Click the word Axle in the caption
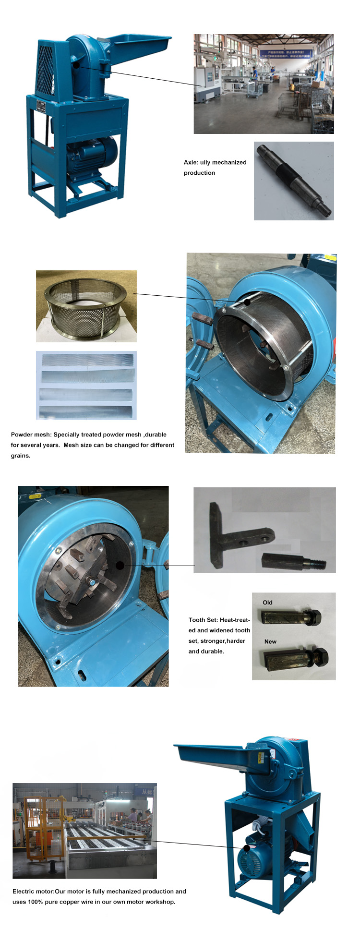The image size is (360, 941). coord(190,162)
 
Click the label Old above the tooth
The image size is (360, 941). coord(267,603)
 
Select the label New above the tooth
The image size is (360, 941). coord(270,641)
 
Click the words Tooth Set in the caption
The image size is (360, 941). coord(203,620)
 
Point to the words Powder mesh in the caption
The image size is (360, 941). coord(31,434)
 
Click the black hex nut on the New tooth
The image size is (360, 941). coord(320,656)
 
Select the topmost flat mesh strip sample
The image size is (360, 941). coord(87,360)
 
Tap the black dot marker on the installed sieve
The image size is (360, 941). coord(247,302)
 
